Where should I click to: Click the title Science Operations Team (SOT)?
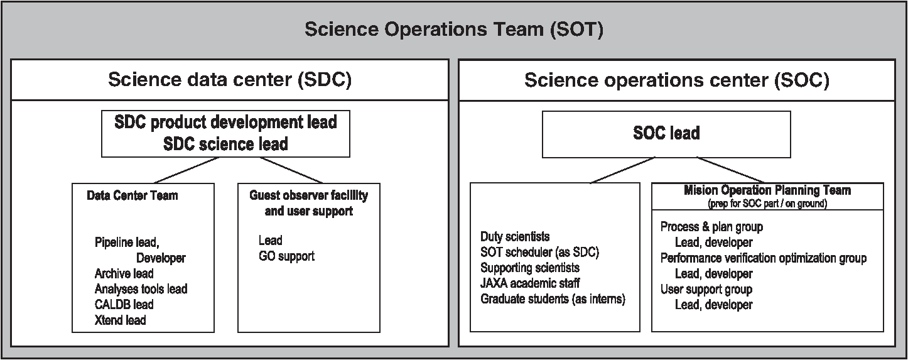(x=454, y=30)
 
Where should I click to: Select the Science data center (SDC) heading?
(x=230, y=79)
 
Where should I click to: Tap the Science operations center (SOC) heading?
(x=676, y=80)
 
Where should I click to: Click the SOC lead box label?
(x=666, y=133)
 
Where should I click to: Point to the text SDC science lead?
(x=225, y=144)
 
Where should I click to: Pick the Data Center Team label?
(x=132, y=195)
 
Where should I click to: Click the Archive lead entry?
(x=124, y=274)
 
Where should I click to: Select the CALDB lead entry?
(x=124, y=305)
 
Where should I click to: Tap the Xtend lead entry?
(x=120, y=320)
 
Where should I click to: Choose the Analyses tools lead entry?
(x=141, y=289)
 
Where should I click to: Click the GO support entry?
(x=286, y=256)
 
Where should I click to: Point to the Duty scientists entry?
(x=515, y=236)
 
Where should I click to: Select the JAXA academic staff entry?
(x=530, y=283)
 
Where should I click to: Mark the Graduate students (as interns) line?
(x=553, y=299)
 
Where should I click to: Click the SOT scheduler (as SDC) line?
(x=539, y=252)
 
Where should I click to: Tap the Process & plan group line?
(x=711, y=227)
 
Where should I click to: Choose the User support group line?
(x=706, y=290)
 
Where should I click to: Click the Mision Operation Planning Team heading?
(x=767, y=190)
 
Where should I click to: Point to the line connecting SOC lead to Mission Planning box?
(x=730, y=170)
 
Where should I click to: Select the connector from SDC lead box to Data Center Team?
(x=186, y=170)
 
